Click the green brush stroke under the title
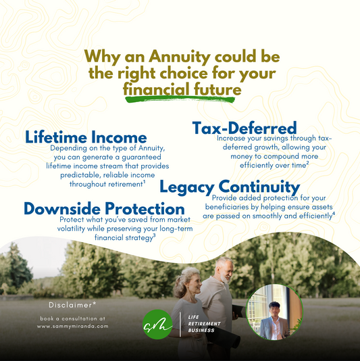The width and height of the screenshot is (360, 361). pyautogui.click(x=179, y=101)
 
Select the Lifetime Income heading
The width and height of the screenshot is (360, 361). pyautogui.click(x=86, y=137)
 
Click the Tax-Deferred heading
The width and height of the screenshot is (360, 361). pyautogui.click(x=245, y=128)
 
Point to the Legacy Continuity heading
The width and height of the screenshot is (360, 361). pyautogui.click(x=230, y=187)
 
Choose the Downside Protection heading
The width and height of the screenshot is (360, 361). pyautogui.click(x=104, y=208)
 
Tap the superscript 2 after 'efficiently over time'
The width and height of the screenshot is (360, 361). pyautogui.click(x=308, y=163)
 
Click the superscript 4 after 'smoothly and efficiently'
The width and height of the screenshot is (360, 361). pyautogui.click(x=334, y=214)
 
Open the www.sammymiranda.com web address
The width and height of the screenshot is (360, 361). pyautogui.click(x=73, y=325)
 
